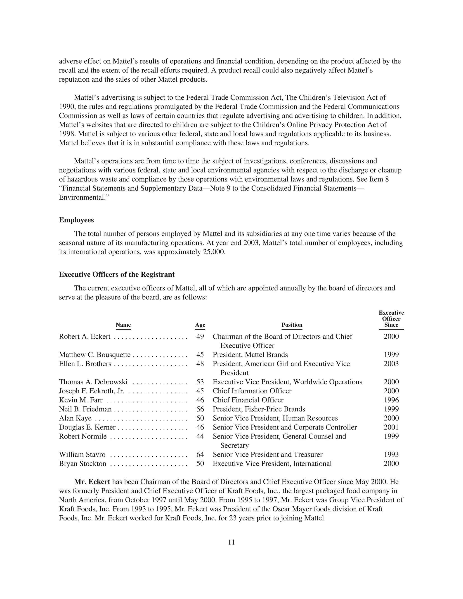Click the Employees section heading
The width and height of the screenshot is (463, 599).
tap(76, 220)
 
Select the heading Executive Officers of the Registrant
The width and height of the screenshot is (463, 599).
tap(117, 275)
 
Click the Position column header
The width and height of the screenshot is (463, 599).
tap(292, 325)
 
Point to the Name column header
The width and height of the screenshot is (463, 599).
tap(123, 325)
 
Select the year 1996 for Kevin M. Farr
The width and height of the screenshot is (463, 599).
tap(391, 400)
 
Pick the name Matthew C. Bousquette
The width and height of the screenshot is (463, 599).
tap(95, 355)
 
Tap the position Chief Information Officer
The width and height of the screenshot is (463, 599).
tap(252, 391)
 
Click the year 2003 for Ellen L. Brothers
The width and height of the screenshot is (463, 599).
tap(391, 364)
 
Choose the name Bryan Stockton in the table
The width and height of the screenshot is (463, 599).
tap(82, 464)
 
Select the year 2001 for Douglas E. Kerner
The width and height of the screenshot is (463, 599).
tap(391, 427)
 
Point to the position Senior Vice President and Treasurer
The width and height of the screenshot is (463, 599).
tap(267, 455)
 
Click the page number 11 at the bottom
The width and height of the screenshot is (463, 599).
tap(231, 542)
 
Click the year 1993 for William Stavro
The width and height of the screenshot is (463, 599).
tap(391, 455)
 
